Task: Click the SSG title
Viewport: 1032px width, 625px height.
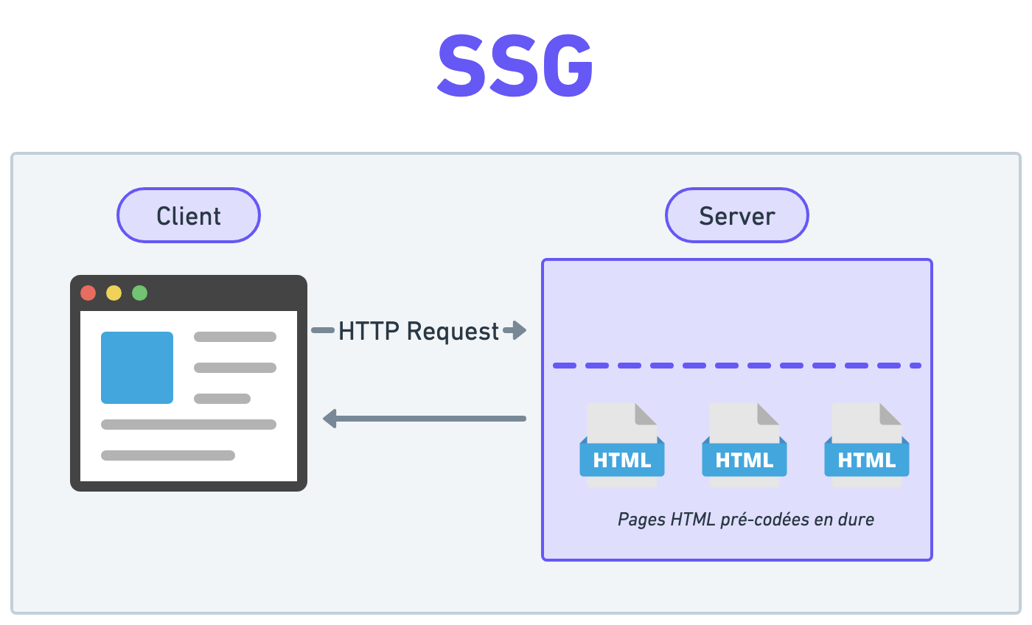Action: (x=515, y=66)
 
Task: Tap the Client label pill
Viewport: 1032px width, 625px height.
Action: (x=189, y=215)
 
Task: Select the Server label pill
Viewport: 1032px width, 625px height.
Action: (x=737, y=215)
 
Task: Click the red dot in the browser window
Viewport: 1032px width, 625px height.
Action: (x=88, y=293)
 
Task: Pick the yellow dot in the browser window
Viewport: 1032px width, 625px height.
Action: (x=114, y=293)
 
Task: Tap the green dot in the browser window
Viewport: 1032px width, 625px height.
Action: (x=139, y=293)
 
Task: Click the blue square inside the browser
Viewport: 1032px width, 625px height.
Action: (x=137, y=368)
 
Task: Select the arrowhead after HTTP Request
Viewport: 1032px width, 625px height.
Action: (x=516, y=330)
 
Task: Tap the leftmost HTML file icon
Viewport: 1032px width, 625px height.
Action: (x=622, y=444)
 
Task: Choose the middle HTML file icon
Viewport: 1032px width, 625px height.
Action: (x=745, y=444)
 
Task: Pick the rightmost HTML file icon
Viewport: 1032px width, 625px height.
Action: (x=867, y=444)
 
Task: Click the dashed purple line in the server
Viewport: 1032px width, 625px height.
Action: (x=737, y=366)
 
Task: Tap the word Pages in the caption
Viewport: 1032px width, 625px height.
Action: (x=641, y=520)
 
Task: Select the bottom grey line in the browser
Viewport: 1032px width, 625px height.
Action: (x=168, y=455)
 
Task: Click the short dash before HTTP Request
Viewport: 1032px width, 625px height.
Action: (x=323, y=330)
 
